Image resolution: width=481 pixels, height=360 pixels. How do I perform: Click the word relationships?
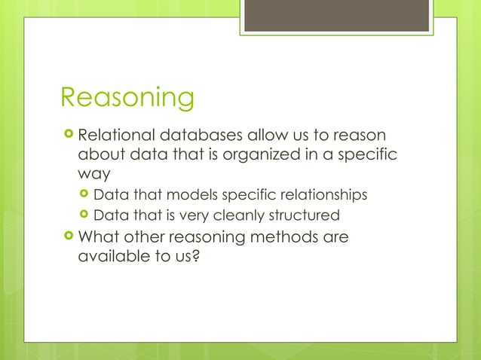pos(317,195)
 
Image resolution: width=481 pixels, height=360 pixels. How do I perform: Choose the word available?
pos(112,256)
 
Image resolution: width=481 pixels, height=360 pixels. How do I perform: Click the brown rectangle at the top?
pos(337,16)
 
